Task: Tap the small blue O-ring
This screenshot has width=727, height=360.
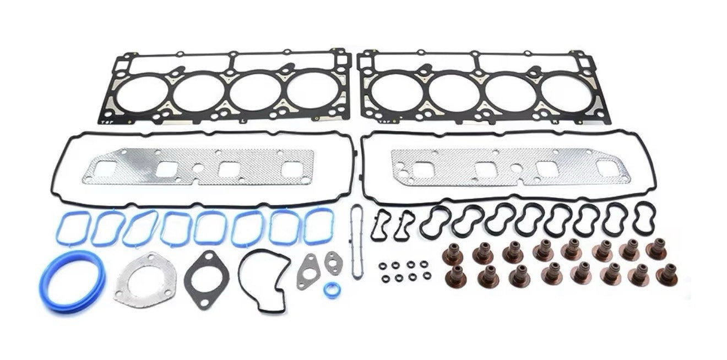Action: coord(331,290)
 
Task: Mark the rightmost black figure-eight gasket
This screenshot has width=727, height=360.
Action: coord(644,217)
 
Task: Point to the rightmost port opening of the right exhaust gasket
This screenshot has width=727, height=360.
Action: coord(607,168)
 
